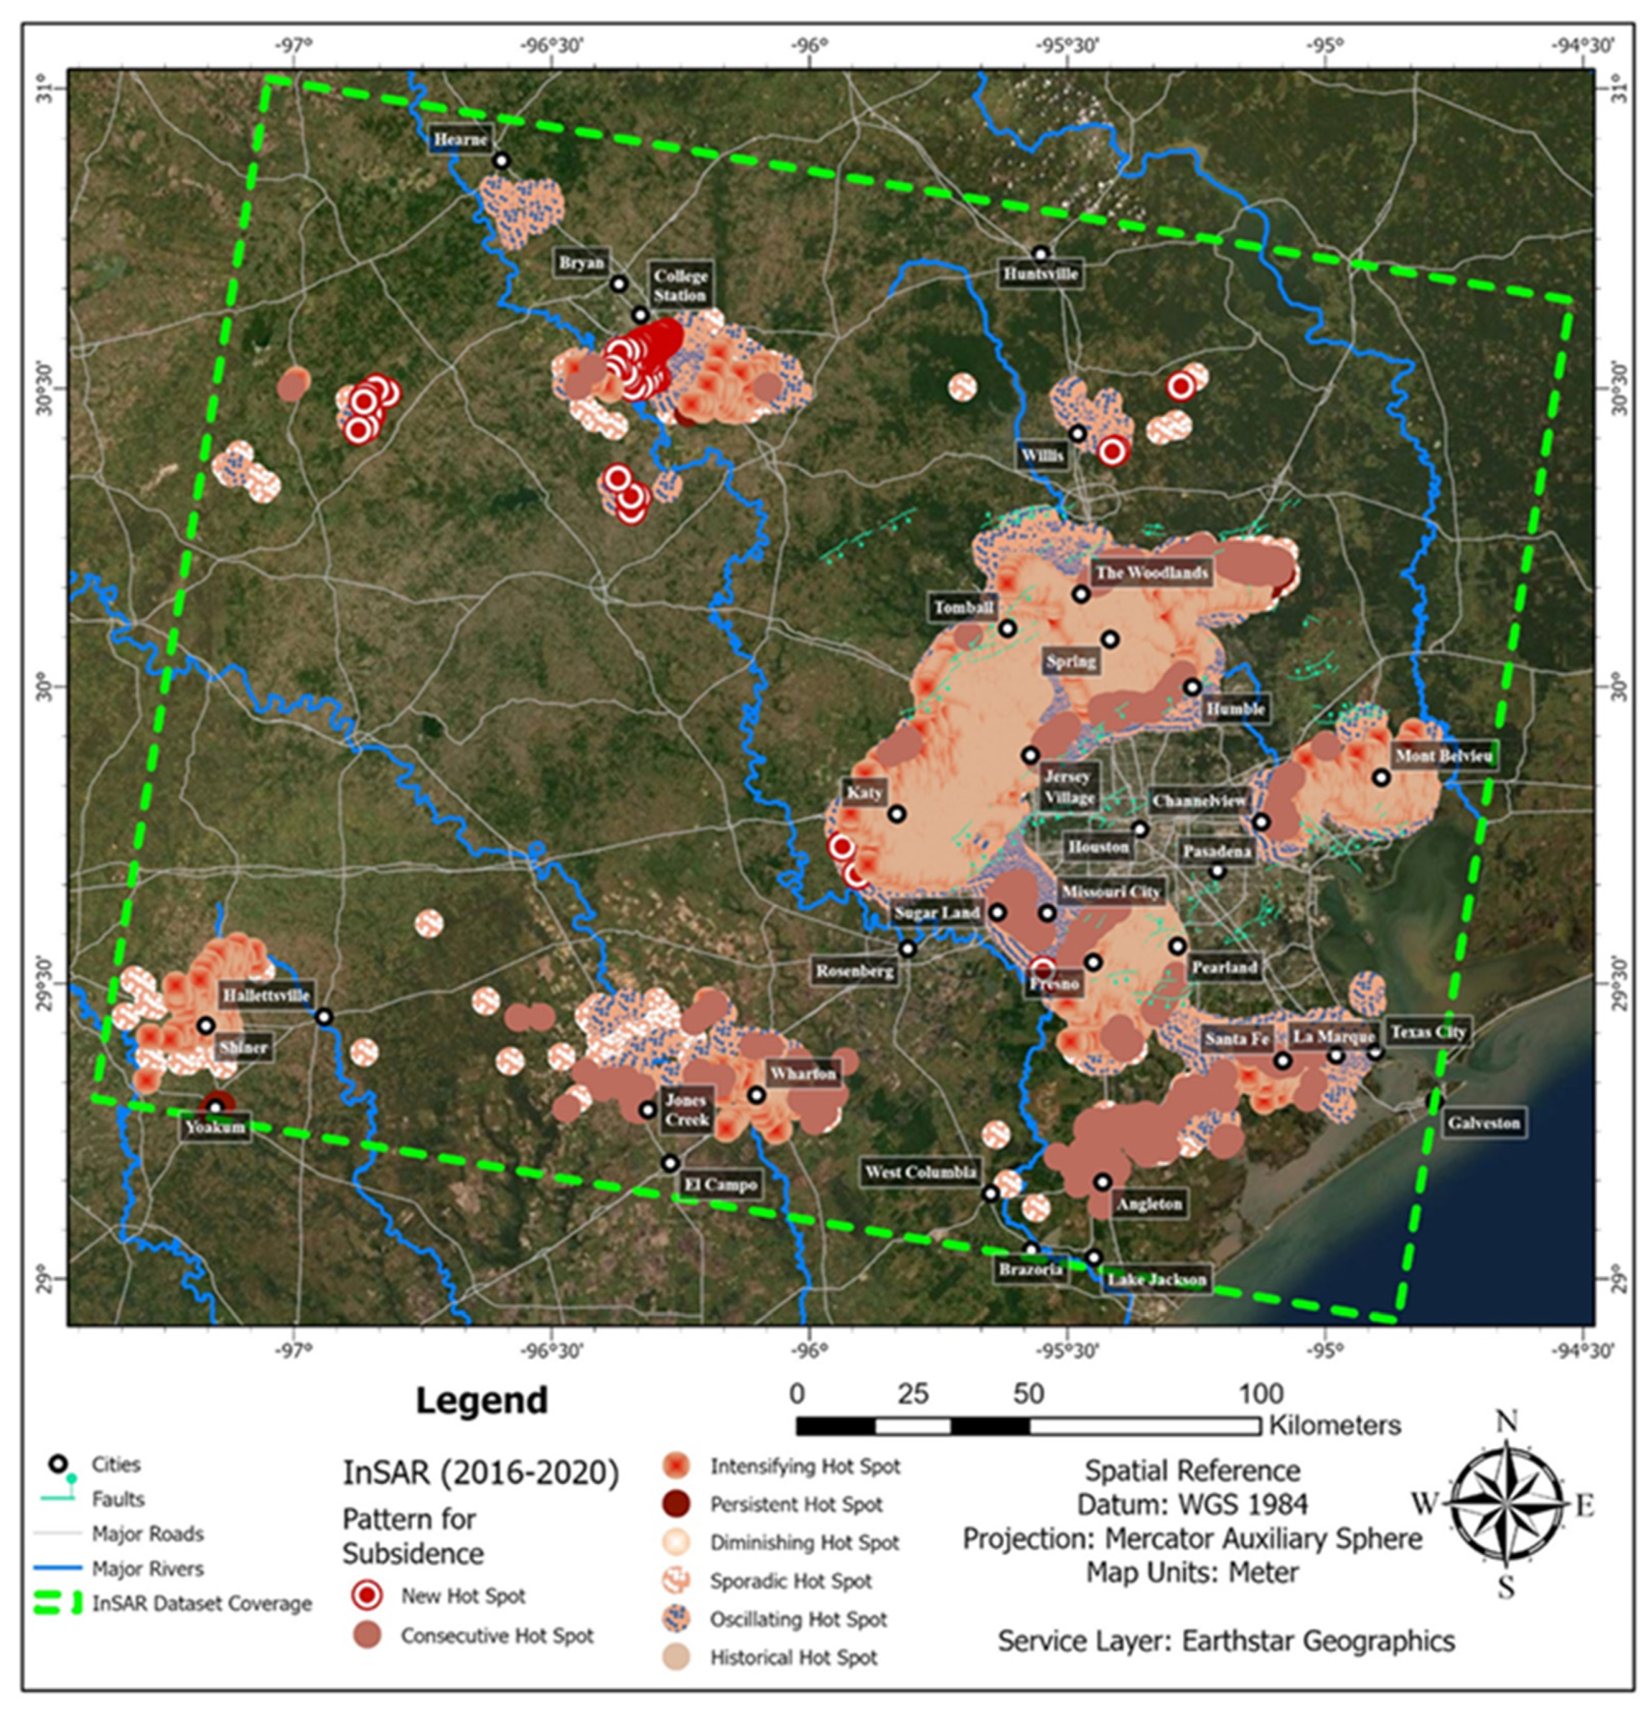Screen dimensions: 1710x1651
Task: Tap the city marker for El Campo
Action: [669, 1163]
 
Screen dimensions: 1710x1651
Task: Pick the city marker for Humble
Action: [1192, 687]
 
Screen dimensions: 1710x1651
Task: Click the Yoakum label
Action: [215, 1127]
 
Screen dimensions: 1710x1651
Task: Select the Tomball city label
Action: [963, 607]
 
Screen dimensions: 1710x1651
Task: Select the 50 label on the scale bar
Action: [1028, 1394]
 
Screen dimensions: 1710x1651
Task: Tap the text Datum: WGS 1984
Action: [1191, 1504]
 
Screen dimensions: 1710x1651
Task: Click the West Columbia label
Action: [920, 1172]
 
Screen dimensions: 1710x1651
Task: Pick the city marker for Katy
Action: [896, 814]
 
